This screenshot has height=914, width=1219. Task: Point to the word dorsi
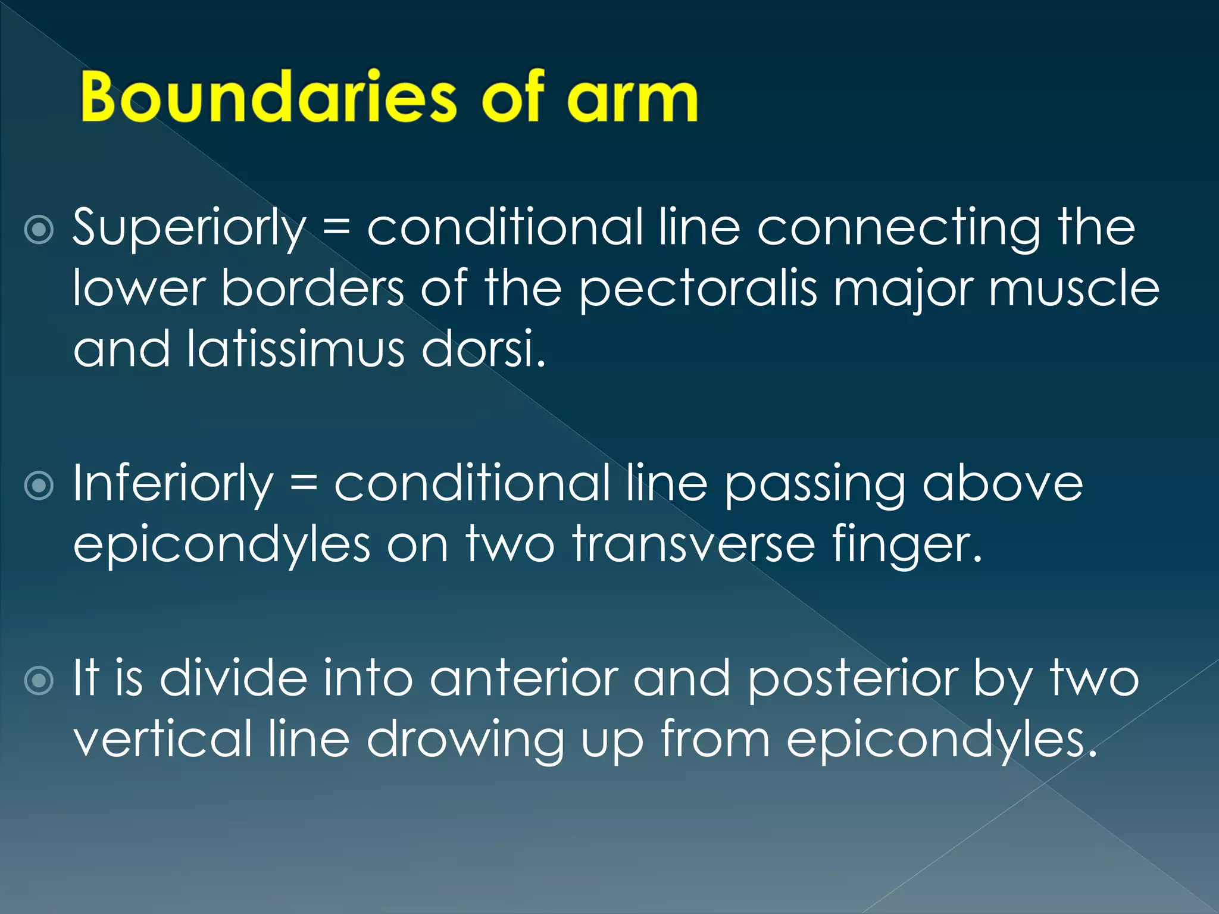coord(483,350)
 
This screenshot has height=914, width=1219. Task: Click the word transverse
coord(693,544)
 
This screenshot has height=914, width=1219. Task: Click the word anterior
coord(524,680)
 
